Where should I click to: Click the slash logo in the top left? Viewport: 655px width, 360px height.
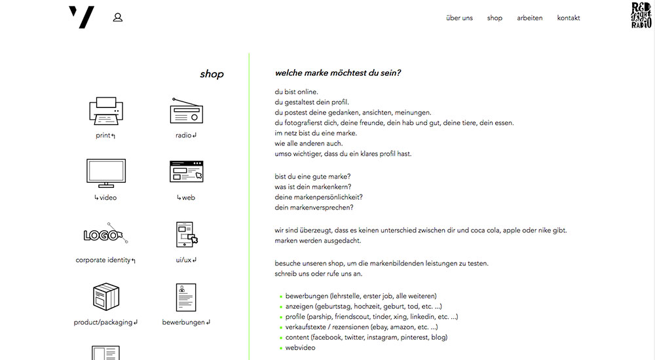click(x=82, y=17)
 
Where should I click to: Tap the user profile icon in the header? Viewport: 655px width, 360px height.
click(x=118, y=18)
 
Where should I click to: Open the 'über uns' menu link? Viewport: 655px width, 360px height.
click(x=459, y=18)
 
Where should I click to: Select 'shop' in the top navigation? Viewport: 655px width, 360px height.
click(x=495, y=18)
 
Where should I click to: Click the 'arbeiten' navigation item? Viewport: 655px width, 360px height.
click(x=529, y=18)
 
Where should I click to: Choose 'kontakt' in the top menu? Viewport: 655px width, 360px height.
click(x=568, y=18)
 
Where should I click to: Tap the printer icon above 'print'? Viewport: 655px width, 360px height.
click(x=105, y=111)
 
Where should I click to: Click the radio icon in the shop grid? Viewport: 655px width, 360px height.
click(x=186, y=111)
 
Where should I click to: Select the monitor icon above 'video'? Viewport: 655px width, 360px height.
click(x=105, y=173)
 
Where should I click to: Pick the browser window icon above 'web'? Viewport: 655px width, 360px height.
click(x=186, y=171)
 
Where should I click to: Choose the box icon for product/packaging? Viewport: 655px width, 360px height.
click(x=105, y=297)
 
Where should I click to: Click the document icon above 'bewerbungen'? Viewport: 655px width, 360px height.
click(x=186, y=297)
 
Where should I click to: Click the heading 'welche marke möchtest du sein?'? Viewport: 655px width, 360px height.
click(x=337, y=73)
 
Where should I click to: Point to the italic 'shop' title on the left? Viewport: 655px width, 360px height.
click(x=212, y=75)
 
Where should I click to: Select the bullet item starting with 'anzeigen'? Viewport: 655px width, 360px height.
click(x=363, y=306)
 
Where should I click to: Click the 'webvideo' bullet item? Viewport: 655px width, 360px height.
click(x=300, y=348)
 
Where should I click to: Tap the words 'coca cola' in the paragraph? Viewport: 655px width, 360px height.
click(x=483, y=230)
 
